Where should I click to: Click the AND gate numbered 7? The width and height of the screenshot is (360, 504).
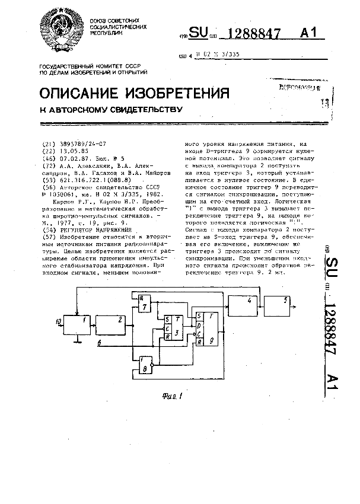pos(142,304)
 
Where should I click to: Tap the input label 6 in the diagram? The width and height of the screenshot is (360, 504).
pos(99,343)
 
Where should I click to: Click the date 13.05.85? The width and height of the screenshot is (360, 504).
pos(77,151)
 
